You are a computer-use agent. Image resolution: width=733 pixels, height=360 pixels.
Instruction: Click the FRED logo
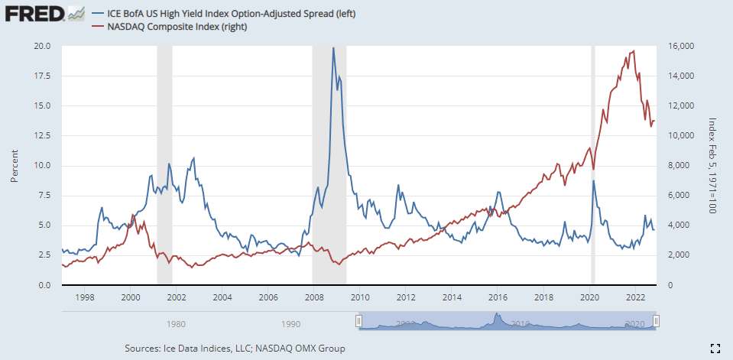[34, 15]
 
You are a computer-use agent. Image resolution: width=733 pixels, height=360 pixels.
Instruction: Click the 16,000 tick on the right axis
[680, 46]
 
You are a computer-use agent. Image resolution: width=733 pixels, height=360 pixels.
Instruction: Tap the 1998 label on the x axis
[84, 297]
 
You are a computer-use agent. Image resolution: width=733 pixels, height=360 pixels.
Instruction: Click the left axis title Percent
[14, 165]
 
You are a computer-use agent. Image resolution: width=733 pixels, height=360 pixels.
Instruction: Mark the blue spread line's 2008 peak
[333, 48]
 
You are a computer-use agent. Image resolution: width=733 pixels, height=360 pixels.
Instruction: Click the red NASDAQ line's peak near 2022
[634, 51]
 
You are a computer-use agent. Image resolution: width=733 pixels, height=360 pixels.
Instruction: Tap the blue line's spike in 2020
[594, 181]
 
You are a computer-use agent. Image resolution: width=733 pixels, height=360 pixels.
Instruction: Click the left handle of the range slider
[358, 322]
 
